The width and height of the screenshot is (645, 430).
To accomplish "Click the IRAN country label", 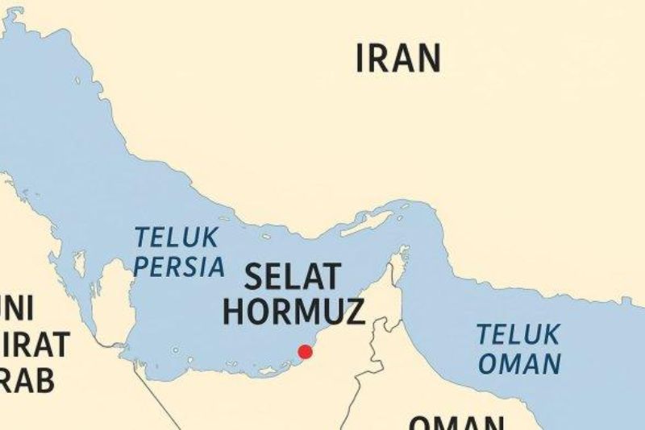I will pyautogui.click(x=398, y=59).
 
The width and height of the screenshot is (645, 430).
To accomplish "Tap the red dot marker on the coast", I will pyautogui.click(x=305, y=351).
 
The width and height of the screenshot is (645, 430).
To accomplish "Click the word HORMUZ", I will pyautogui.click(x=293, y=311).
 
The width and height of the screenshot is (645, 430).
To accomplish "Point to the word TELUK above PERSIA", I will pyautogui.click(x=176, y=238).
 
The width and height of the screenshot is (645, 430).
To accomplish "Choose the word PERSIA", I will pyautogui.click(x=178, y=267).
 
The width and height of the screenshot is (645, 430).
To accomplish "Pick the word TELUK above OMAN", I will pyautogui.click(x=518, y=334).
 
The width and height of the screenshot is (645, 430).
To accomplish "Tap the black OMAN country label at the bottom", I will pyautogui.click(x=456, y=423).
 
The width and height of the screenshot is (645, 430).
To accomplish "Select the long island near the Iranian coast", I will pyautogui.click(x=366, y=224).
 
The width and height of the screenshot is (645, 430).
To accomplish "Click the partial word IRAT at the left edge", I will pyautogui.click(x=35, y=345).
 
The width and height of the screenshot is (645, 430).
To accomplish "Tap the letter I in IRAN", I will pyautogui.click(x=360, y=59).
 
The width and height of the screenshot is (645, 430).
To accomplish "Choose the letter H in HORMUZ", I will pyautogui.click(x=234, y=311).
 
